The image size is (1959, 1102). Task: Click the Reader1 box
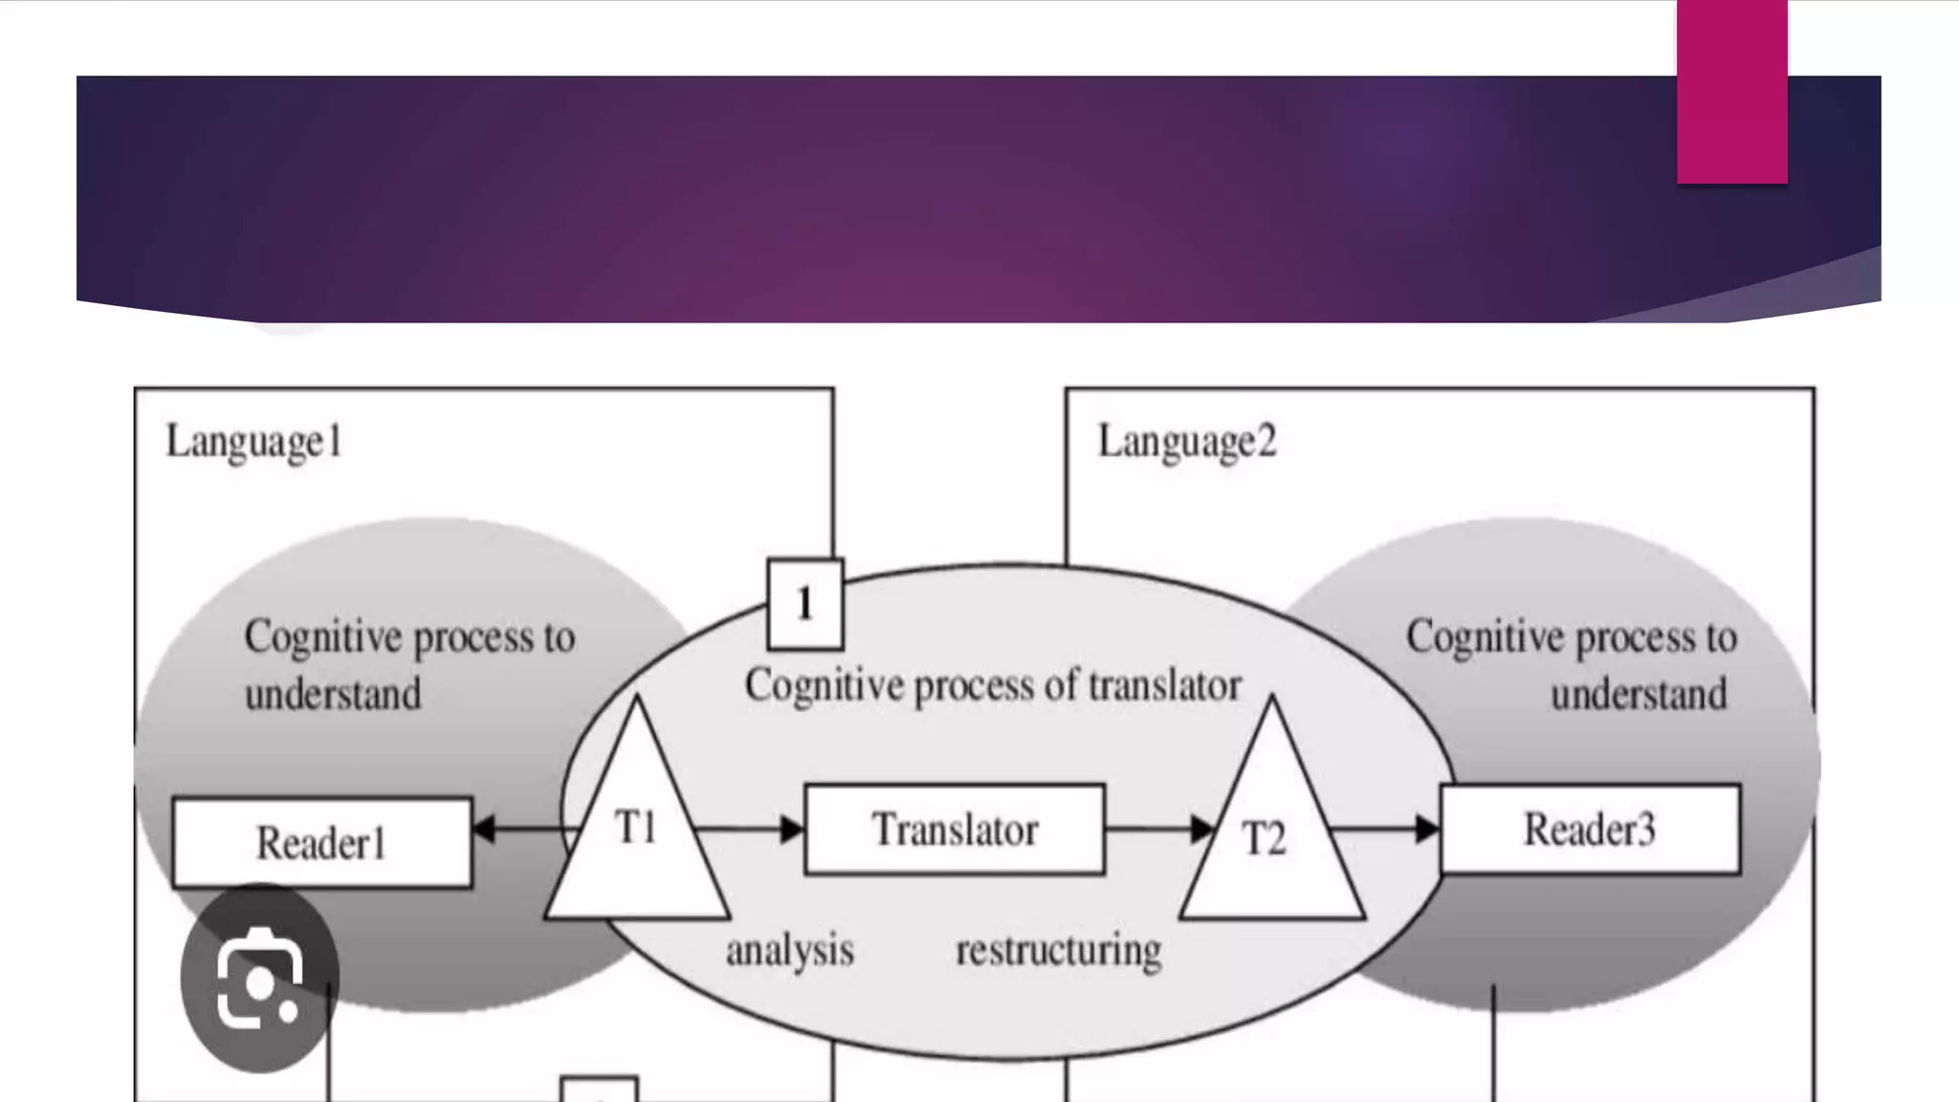322,843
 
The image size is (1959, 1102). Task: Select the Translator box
955,829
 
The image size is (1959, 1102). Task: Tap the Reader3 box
1590,829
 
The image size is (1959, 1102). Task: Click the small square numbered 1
805,604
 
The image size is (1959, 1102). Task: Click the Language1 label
254,442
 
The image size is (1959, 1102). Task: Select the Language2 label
1186,442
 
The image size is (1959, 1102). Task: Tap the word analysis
790,951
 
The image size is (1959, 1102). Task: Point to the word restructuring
1059,951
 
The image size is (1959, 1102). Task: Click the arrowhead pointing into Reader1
484,828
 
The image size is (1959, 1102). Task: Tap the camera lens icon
259,977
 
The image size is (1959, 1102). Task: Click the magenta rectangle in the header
1731,92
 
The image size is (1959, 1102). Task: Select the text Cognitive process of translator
993,686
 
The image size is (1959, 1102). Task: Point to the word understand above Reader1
333,694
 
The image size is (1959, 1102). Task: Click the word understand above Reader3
1639,694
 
